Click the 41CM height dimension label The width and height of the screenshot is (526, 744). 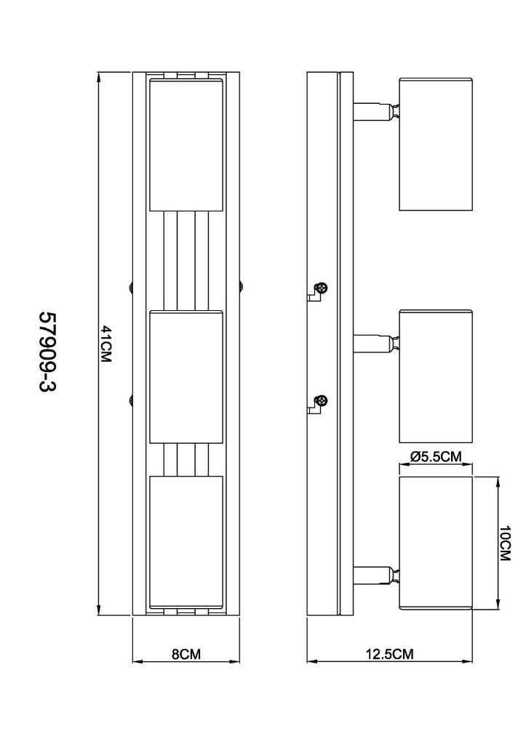[x=106, y=344]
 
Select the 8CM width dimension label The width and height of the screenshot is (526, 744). [x=186, y=655]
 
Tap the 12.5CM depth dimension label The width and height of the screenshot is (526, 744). [x=390, y=655]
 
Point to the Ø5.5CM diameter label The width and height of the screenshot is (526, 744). [x=436, y=456]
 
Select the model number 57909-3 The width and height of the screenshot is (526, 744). [x=47, y=352]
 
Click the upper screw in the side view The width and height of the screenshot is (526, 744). [x=322, y=288]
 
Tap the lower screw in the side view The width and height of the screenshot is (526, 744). [x=322, y=400]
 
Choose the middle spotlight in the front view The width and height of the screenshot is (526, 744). [x=186, y=377]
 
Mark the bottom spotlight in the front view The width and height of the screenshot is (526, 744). [x=186, y=542]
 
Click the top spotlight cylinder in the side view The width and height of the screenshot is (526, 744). [x=437, y=144]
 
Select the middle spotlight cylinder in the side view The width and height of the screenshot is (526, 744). [x=437, y=377]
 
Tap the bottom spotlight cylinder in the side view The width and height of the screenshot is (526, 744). [x=437, y=543]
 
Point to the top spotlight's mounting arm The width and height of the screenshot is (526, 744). [x=376, y=111]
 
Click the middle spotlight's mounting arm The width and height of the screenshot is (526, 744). [x=376, y=344]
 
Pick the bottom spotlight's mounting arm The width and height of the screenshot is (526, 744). [x=376, y=575]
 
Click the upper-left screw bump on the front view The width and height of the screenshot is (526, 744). [x=130, y=287]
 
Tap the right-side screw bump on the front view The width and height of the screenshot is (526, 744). [x=242, y=287]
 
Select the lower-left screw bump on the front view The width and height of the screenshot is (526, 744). [x=130, y=400]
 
